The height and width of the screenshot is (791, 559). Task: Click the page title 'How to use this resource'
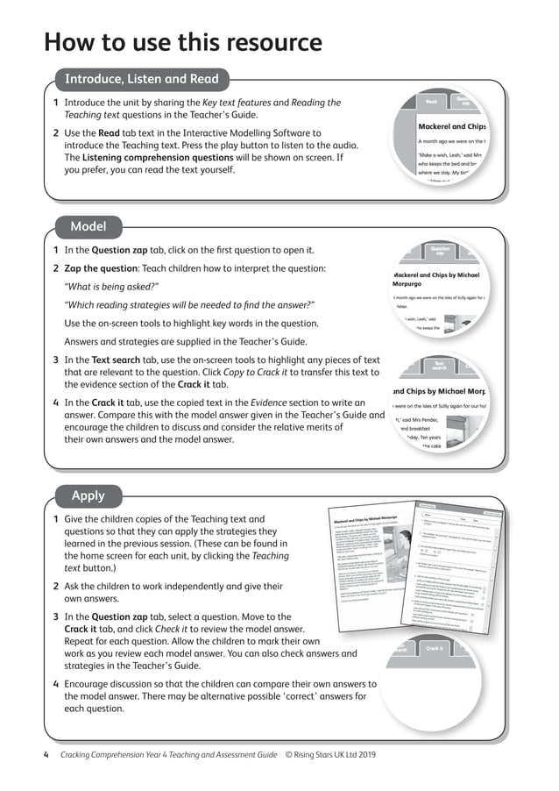[x=183, y=42]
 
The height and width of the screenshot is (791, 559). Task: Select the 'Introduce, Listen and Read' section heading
[x=142, y=80]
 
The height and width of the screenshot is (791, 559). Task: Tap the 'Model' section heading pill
[x=88, y=227]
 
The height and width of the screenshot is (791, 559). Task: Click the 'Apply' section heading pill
[x=88, y=496]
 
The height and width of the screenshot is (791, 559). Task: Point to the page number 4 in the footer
[x=46, y=754]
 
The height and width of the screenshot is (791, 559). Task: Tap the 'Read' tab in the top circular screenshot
[x=431, y=103]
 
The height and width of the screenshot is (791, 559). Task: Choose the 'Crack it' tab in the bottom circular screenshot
[x=435, y=648]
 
